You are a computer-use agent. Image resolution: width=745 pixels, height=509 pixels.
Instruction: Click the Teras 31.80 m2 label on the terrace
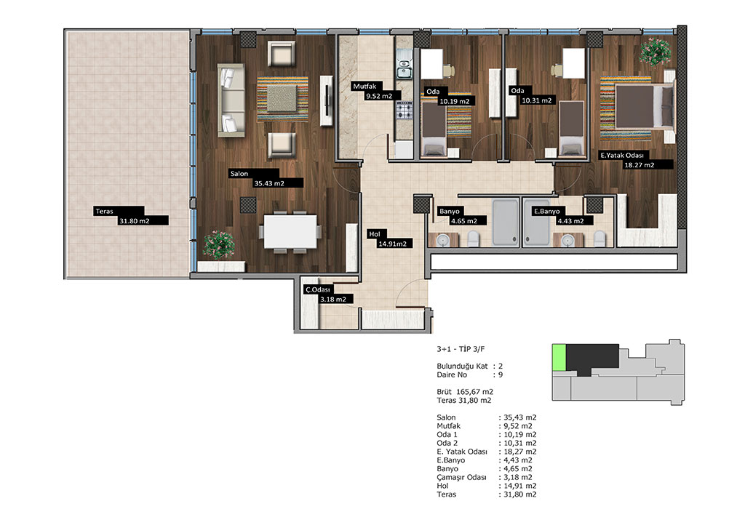click(x=131, y=215)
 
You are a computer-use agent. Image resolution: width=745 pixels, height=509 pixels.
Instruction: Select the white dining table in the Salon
click(x=290, y=231)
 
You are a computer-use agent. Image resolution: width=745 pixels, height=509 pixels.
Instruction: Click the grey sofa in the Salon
click(x=231, y=100)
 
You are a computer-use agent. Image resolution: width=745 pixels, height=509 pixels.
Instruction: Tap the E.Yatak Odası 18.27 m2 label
click(x=636, y=160)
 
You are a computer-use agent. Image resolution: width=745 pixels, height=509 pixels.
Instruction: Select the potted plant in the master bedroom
click(x=656, y=52)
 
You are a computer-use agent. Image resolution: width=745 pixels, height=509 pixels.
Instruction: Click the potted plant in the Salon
click(x=218, y=245)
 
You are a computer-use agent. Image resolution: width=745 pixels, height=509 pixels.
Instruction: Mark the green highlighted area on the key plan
click(x=559, y=358)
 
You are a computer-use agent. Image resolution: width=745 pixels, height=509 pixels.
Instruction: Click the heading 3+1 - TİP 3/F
click(x=461, y=349)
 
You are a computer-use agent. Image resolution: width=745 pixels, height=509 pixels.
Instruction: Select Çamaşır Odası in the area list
click(x=461, y=478)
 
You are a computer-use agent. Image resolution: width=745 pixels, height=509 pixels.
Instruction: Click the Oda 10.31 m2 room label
click(x=531, y=95)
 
